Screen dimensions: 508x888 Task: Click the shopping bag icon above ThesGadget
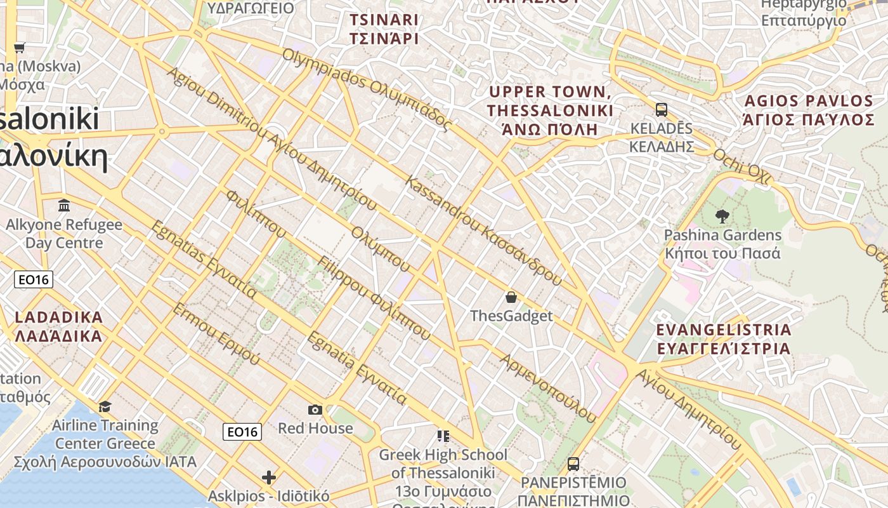pyautogui.click(x=511, y=297)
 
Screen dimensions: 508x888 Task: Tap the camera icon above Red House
pyautogui.click(x=315, y=410)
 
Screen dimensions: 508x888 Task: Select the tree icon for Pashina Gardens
pyautogui.click(x=722, y=216)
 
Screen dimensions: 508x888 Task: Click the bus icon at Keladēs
pyautogui.click(x=661, y=109)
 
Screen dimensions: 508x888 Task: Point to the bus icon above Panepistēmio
pyautogui.click(x=573, y=464)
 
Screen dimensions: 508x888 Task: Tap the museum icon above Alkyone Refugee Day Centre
pyautogui.click(x=64, y=205)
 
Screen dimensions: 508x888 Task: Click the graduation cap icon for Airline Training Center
pyautogui.click(x=105, y=406)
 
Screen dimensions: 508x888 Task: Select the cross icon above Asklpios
pyautogui.click(x=269, y=477)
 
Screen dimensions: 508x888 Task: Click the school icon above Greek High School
pyautogui.click(x=443, y=436)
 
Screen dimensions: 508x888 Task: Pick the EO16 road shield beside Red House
pyautogui.click(x=242, y=432)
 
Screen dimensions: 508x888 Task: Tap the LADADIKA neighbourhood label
pyautogui.click(x=58, y=326)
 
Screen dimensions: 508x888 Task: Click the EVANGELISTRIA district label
pyautogui.click(x=724, y=339)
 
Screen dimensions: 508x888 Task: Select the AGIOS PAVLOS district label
pyautogui.click(x=809, y=110)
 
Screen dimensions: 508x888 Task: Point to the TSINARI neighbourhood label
pyautogui.click(x=384, y=29)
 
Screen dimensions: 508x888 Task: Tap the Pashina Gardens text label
pyautogui.click(x=722, y=244)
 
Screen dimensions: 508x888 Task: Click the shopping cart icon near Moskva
pyautogui.click(x=20, y=48)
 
